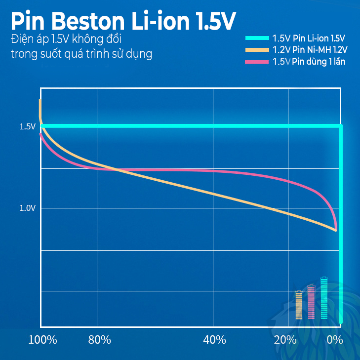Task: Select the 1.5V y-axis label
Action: (28, 127)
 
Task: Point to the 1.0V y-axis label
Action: (28, 208)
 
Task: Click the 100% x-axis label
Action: (42, 340)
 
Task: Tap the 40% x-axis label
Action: (215, 340)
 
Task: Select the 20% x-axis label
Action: (285, 340)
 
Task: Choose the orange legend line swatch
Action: (257, 50)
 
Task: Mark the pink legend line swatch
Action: (257, 62)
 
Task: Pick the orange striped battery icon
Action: (299, 305)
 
